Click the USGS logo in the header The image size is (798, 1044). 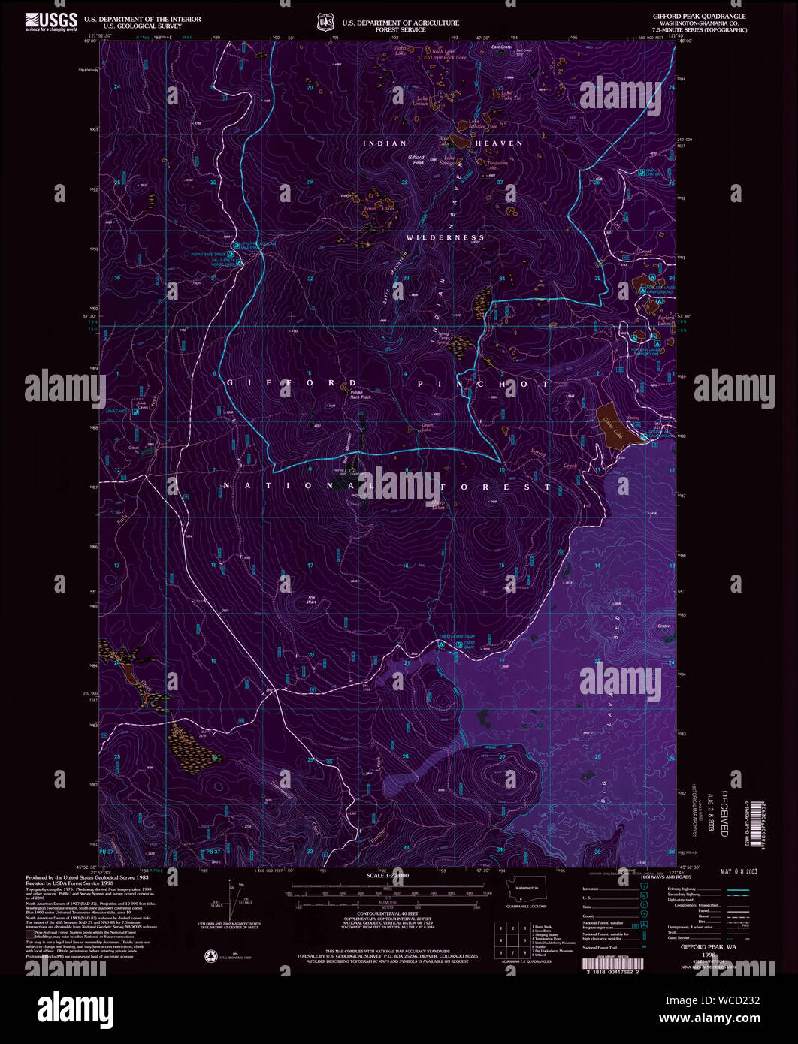point(51,22)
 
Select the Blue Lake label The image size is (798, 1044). point(444,139)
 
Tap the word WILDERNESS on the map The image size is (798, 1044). point(446,237)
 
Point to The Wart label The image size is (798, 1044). point(311,599)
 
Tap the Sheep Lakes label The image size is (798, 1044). point(437,505)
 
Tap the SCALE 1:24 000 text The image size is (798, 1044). point(387,877)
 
